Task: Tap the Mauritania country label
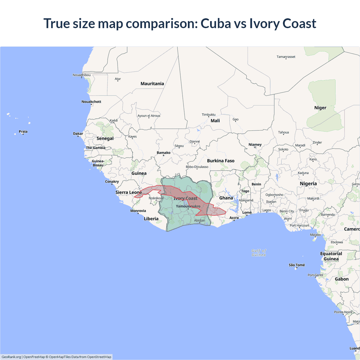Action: [152, 84]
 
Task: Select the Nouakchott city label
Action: [91, 102]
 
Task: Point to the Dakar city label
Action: [78, 134]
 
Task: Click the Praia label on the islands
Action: [23, 131]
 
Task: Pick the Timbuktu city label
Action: [208, 114]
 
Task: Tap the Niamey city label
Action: [255, 145]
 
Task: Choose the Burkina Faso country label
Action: [220, 161]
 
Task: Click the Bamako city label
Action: [163, 153]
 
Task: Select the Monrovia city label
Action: [138, 211]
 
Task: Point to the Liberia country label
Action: [151, 219]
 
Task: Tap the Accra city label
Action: [234, 218]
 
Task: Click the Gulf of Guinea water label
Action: [258, 253]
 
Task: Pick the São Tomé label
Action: [297, 265]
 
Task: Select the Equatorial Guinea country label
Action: [331, 256]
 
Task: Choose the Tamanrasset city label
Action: [286, 57]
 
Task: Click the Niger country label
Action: [320, 108]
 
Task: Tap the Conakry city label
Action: [112, 181]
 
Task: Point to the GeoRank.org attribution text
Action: [11, 357]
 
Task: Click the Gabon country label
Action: [341, 279]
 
